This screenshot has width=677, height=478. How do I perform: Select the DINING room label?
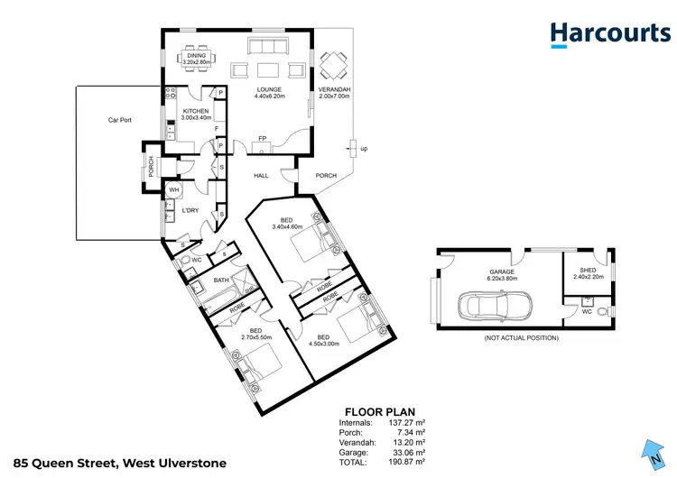(x=197, y=60)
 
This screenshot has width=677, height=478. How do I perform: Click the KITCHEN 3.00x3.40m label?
(x=196, y=115)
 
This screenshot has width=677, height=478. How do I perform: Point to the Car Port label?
(x=121, y=119)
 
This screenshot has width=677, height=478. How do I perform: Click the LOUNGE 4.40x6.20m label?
(x=268, y=93)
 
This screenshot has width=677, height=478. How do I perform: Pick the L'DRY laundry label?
(x=190, y=210)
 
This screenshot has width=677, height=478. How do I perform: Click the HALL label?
(x=262, y=176)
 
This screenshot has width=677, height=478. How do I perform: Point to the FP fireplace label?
(x=262, y=138)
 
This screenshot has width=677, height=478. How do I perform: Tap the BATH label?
(x=221, y=280)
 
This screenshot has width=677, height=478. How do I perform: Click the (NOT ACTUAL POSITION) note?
(x=522, y=338)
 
